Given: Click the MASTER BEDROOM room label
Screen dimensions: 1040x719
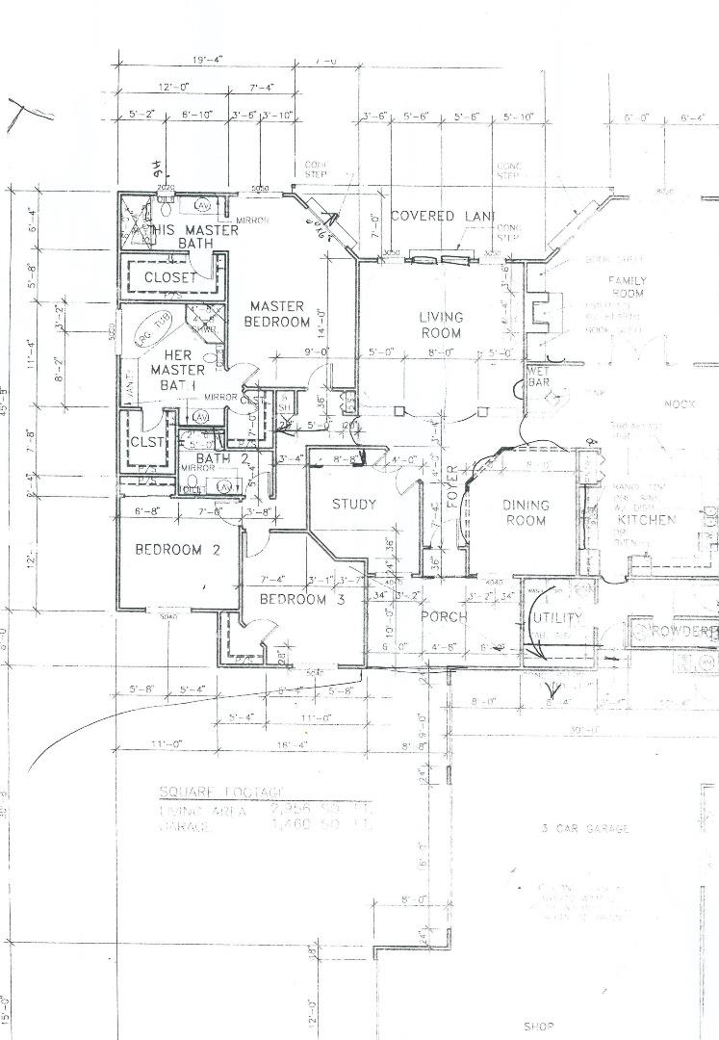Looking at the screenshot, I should tap(278, 314).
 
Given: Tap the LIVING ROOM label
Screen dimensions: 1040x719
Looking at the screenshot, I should tap(441, 325).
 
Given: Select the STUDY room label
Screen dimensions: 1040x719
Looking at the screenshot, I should tap(354, 504).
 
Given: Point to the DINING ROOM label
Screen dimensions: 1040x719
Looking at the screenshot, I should tap(525, 512).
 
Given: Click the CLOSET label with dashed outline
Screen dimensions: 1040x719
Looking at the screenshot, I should tap(170, 277).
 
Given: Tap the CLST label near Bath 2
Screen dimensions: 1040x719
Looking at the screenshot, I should tap(146, 443).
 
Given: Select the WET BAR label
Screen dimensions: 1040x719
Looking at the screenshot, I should tap(538, 376).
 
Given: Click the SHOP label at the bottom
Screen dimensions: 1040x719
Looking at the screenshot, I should tap(540, 1026).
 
